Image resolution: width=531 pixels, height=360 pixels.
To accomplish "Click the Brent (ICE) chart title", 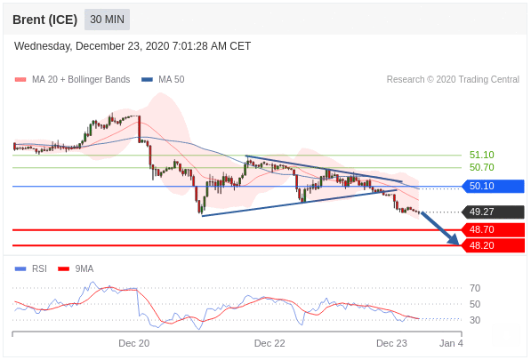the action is pyautogui.click(x=44, y=20).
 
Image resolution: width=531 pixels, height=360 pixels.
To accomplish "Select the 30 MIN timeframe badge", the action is pyautogui.click(x=107, y=20).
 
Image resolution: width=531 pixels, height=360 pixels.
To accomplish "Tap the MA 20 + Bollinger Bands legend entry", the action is pyautogui.click(x=72, y=79).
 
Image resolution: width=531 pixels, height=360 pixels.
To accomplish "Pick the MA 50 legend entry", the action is pyautogui.click(x=163, y=79).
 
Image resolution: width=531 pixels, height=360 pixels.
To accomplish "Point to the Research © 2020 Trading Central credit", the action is pyautogui.click(x=453, y=79).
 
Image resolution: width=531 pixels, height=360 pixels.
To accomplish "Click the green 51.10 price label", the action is pyautogui.click(x=481, y=155).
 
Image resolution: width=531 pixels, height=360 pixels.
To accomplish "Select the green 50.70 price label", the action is pyautogui.click(x=481, y=167).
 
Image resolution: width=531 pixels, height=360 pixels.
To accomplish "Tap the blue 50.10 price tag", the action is pyautogui.click(x=494, y=186).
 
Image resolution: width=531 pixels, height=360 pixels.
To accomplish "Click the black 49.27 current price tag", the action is pyautogui.click(x=494, y=212).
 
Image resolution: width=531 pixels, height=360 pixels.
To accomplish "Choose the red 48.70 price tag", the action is pyautogui.click(x=494, y=229).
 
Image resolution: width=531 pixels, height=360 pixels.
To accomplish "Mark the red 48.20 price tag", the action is pyautogui.click(x=494, y=245).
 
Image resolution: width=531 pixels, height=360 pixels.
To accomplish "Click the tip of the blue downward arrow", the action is pyautogui.click(x=459, y=244).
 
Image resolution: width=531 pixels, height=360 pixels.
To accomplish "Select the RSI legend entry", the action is pyautogui.click(x=31, y=268).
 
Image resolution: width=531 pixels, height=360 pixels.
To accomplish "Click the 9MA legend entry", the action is pyautogui.click(x=76, y=268).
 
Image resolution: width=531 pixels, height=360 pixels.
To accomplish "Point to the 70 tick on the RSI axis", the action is pyautogui.click(x=475, y=288).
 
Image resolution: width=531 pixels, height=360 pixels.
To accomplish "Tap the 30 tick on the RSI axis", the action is pyautogui.click(x=475, y=320).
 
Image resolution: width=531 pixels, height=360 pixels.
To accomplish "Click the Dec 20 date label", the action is pyautogui.click(x=133, y=343).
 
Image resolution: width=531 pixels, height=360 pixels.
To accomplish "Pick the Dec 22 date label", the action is pyautogui.click(x=270, y=343).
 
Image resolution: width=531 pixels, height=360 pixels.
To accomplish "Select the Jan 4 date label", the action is pyautogui.click(x=451, y=343).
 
